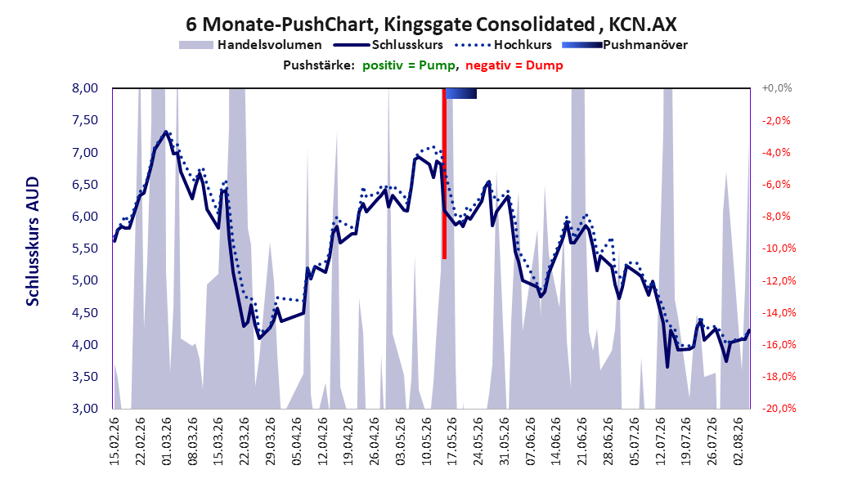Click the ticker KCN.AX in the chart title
pos(642,25)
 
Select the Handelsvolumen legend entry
pos(250,45)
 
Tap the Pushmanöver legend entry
pos(625,45)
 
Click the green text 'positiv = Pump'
pos(408,65)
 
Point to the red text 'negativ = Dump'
pos(514,65)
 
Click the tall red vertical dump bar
pos(444,173)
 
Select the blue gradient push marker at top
pos(460,94)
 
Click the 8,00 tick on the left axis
pos(85,88)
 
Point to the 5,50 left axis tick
pos(85,248)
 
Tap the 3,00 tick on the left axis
pos(85,408)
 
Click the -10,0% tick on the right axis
pos(779,248)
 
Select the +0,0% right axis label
pos(777,88)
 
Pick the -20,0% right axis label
pos(779,408)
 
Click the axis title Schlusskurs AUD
pos(33,242)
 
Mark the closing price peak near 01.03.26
pos(165,132)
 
